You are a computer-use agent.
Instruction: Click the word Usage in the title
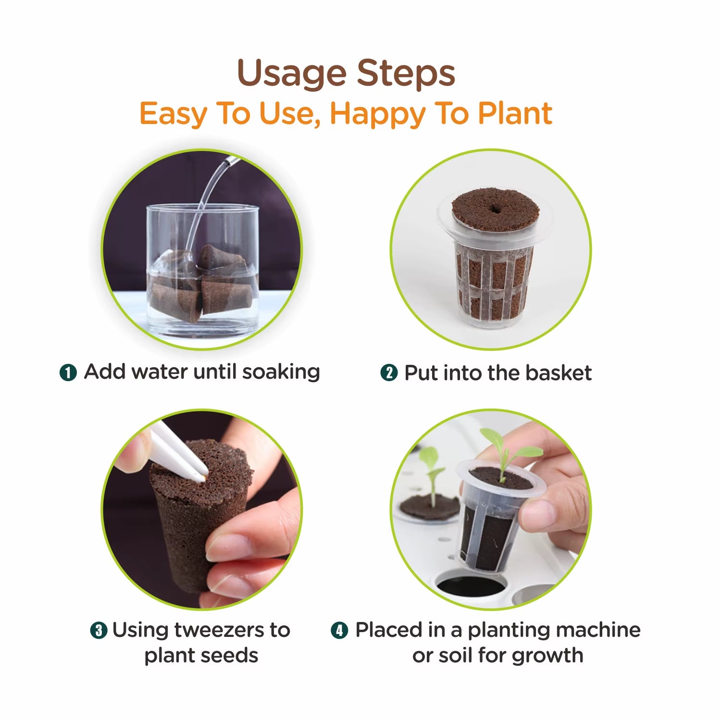point(292,74)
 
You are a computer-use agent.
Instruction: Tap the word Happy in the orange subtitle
point(378,114)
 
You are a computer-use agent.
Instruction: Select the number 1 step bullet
point(68,373)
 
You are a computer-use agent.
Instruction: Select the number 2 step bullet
point(389,373)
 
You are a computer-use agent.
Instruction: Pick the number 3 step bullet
point(99,630)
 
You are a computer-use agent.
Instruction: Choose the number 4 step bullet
point(339,630)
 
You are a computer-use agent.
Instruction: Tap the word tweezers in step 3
point(219,630)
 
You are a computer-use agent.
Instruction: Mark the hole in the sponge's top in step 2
point(495,209)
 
